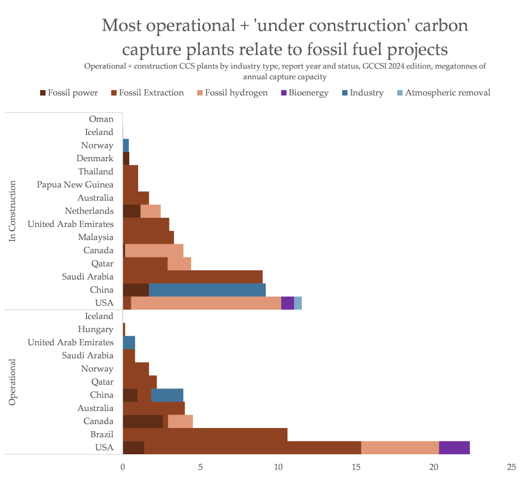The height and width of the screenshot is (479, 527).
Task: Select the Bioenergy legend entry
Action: [307, 93]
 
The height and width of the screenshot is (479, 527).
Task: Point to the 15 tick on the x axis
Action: [356, 467]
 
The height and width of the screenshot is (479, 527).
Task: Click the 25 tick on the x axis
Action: [511, 467]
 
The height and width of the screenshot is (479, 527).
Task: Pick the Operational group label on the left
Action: [13, 382]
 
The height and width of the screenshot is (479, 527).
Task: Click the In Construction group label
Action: [13, 211]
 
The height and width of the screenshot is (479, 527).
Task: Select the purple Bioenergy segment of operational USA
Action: [454, 448]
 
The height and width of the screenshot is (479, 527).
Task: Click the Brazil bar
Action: [205, 434]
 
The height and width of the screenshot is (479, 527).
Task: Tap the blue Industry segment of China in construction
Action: [207, 290]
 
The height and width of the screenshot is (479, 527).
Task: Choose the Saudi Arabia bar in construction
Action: [193, 277]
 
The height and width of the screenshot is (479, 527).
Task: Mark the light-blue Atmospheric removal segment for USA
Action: [298, 303]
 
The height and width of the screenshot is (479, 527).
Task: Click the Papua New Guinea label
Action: [75, 184]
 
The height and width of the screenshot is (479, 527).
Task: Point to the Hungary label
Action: [96, 329]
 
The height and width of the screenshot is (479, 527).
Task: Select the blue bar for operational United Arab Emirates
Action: [129, 343]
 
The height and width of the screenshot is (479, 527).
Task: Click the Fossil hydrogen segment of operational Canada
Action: [180, 421]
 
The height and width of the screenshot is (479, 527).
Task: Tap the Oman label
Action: [101, 119]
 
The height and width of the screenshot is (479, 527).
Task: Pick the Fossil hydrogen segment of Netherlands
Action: [150, 211]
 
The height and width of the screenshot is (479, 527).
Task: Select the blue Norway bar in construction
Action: [126, 145]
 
